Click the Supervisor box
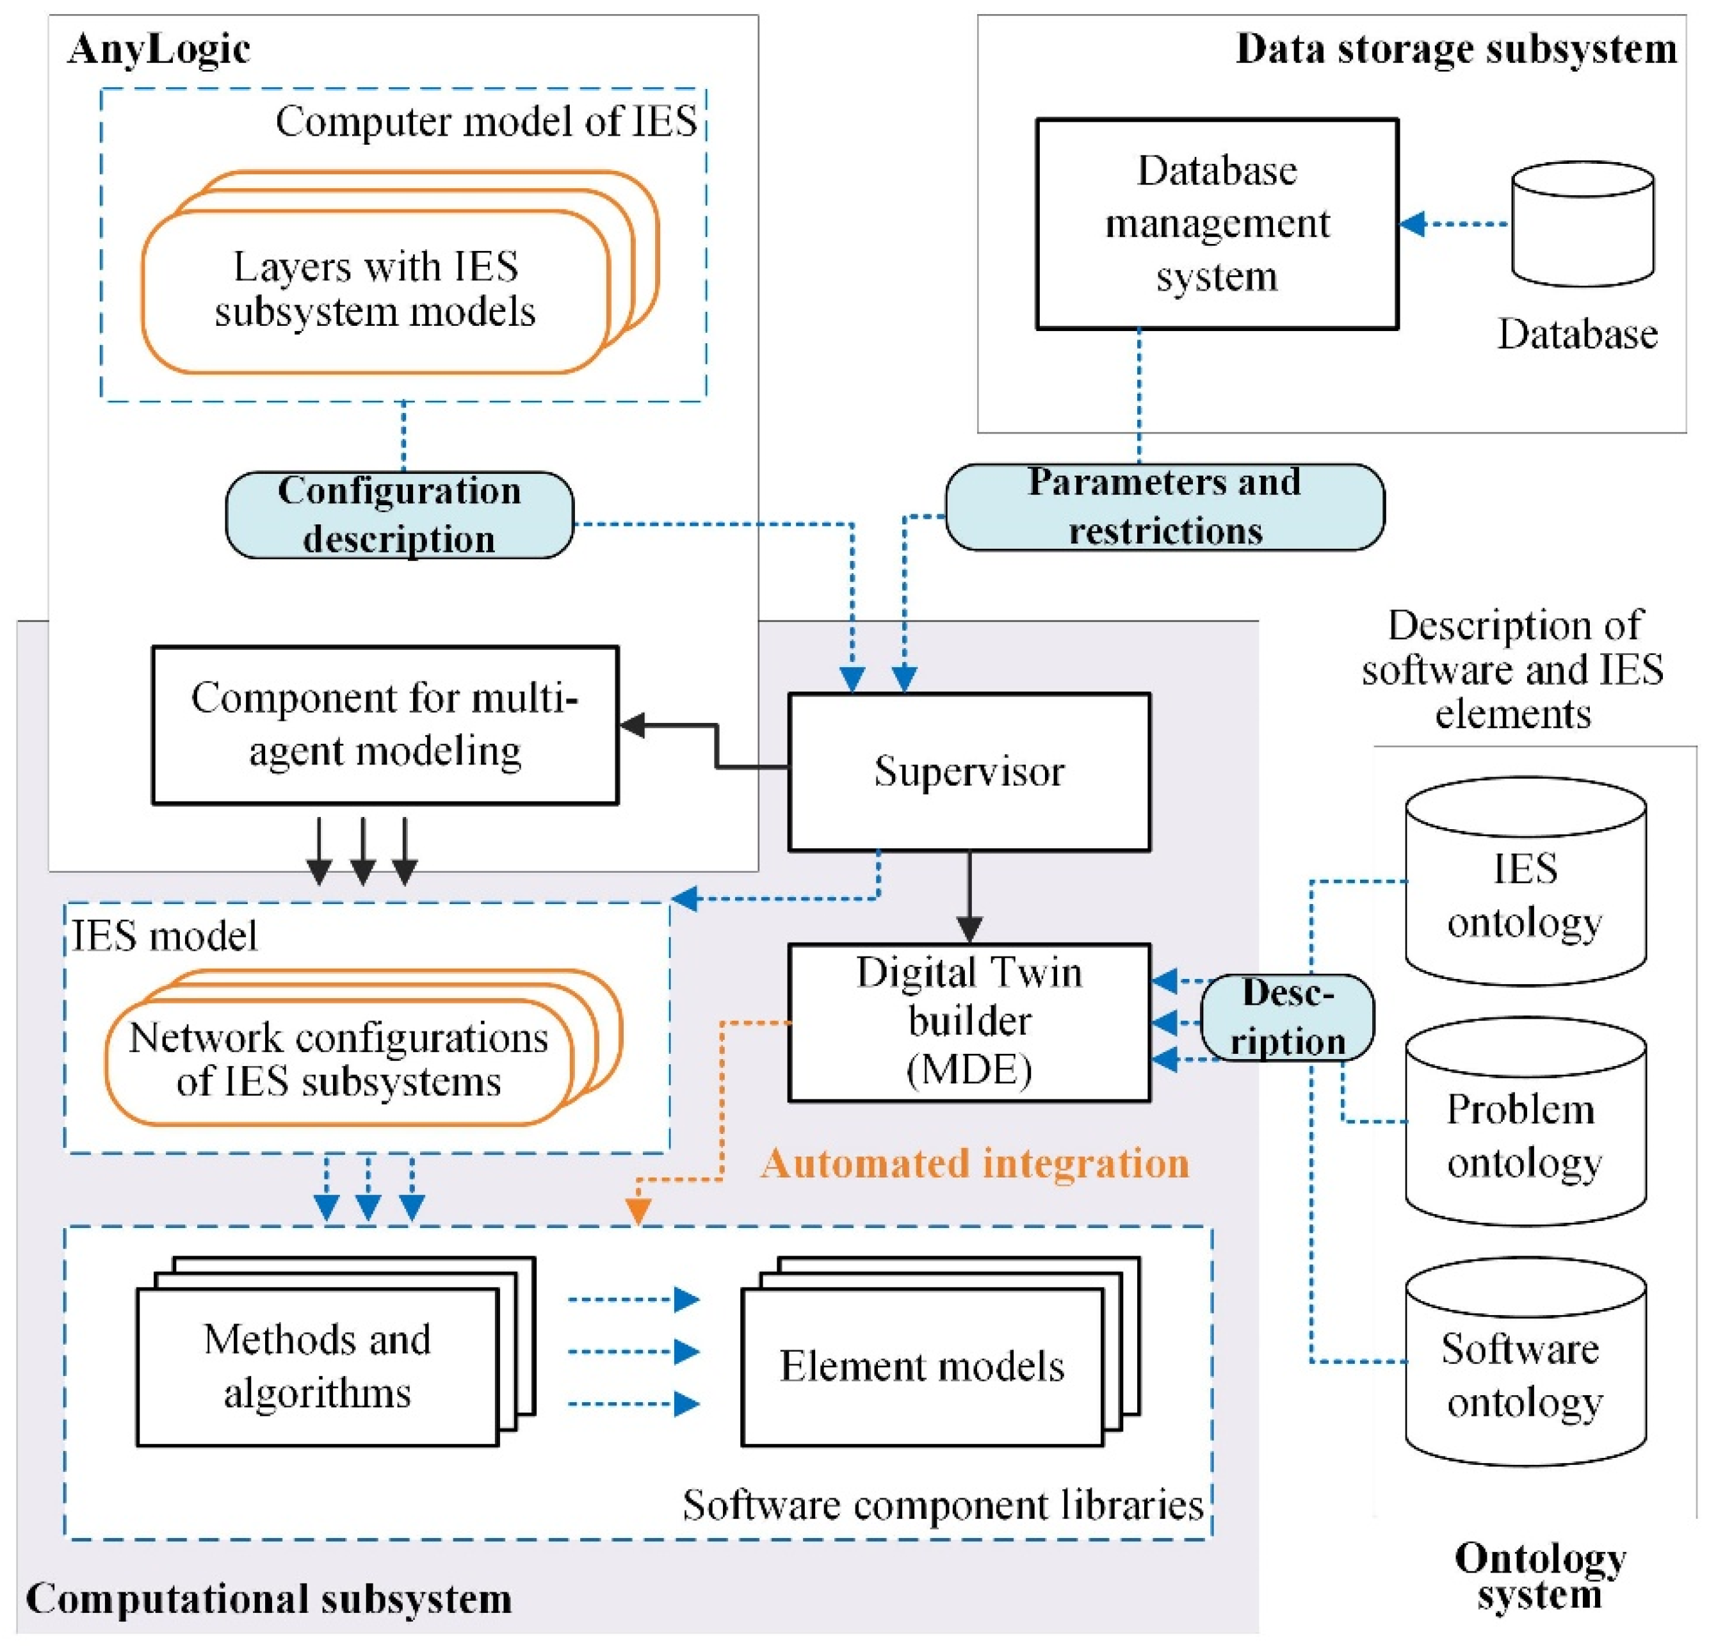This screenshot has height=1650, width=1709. tap(969, 772)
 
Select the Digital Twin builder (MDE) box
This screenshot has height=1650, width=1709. tap(969, 1022)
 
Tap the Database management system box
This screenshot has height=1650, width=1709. tap(1217, 224)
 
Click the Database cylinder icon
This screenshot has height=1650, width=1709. tap(1583, 223)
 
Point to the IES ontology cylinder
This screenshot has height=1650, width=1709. tap(1526, 882)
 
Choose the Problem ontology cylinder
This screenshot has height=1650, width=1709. tap(1526, 1122)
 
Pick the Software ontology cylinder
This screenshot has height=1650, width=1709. tap(1526, 1361)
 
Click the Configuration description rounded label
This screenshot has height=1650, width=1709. tap(400, 515)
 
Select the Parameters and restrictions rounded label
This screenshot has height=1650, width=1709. tap(1165, 506)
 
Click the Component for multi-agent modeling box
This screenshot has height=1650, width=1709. tap(385, 725)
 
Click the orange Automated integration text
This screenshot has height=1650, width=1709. tap(975, 1163)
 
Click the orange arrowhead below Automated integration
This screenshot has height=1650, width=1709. tap(638, 1211)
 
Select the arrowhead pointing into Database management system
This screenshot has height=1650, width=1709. tap(1413, 224)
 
